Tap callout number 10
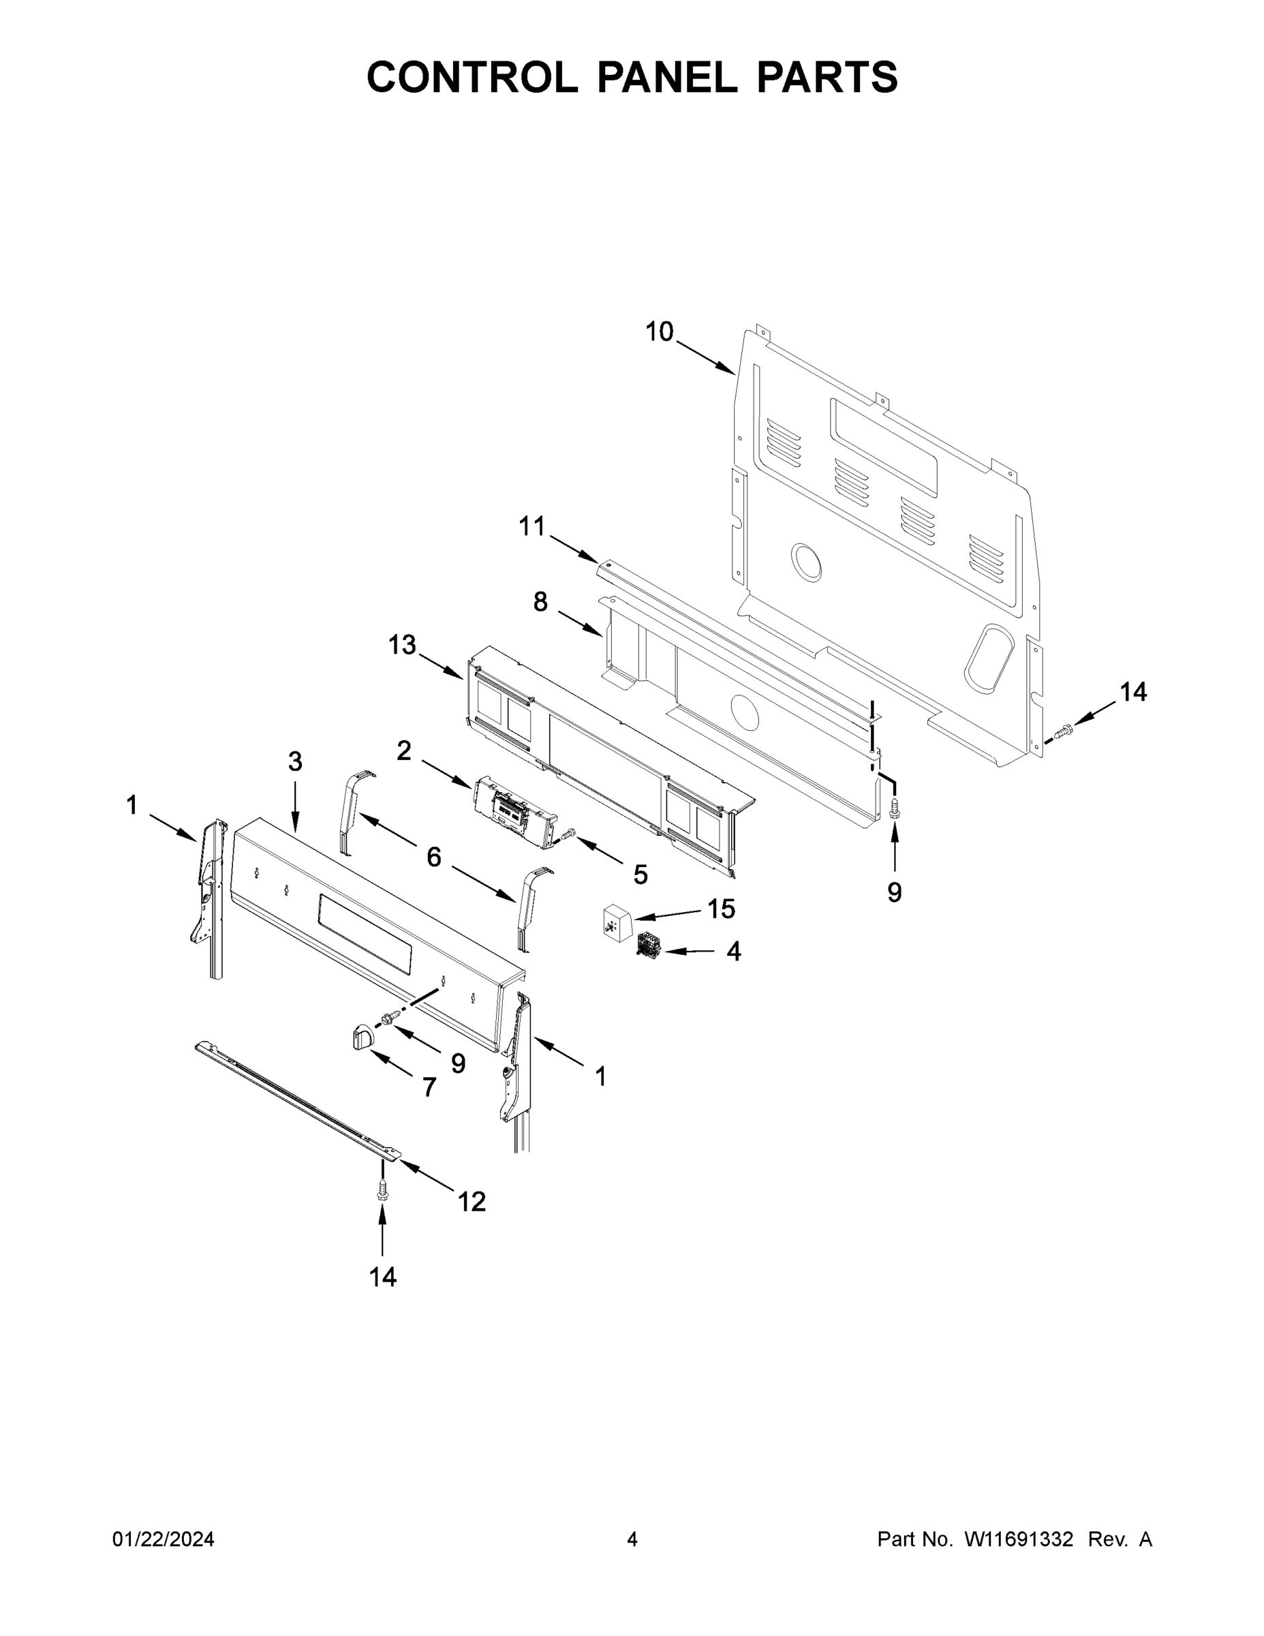[659, 331]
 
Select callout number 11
[532, 527]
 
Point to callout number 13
[402, 644]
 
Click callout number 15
[721, 909]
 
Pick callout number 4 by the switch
[734, 952]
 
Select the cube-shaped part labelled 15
[618, 920]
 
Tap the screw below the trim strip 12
[384, 1189]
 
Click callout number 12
[472, 1202]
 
